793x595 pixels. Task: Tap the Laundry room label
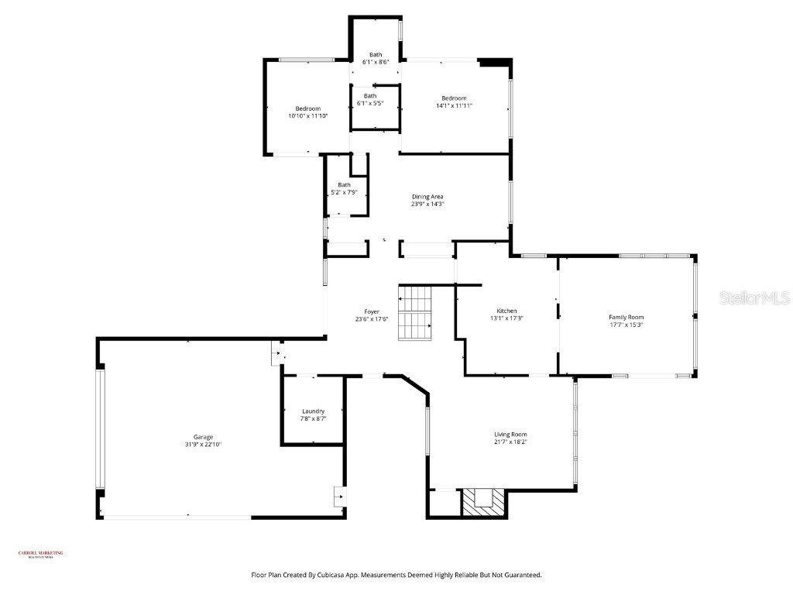313,411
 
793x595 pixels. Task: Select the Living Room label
510,435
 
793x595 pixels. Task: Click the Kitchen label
506,311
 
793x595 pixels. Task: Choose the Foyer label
372,311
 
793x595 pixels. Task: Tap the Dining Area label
427,197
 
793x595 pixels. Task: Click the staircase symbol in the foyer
415,313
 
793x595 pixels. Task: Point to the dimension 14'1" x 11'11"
454,105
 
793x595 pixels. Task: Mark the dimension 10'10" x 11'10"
307,115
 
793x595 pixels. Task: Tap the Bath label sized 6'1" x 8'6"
376,54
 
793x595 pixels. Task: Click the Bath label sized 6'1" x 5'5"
376,96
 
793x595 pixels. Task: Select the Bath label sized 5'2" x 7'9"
344,184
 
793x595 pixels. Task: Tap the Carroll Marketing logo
41,553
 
